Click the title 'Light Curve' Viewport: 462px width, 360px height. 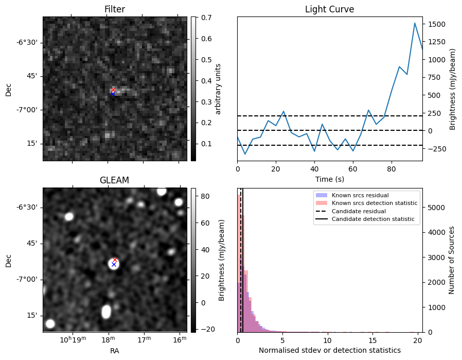pos(329,9)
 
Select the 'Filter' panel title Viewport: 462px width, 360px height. pos(114,9)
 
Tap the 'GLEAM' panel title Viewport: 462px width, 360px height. pos(114,180)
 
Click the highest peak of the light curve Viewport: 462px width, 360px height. pos(415,23)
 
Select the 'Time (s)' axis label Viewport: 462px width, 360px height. pos(329,179)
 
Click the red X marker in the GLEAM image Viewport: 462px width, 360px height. pos(115,260)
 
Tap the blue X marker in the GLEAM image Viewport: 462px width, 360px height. pos(114,265)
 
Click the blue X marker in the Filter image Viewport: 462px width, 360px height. pos(113,94)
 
